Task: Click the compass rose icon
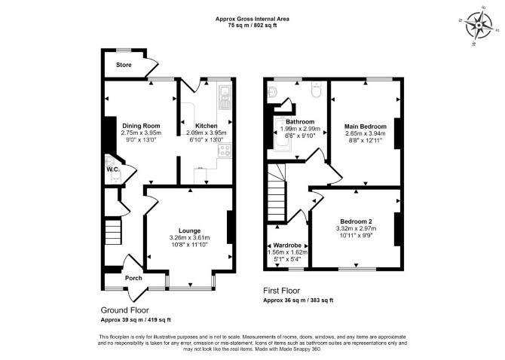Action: [x=479, y=25]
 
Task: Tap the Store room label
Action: [x=124, y=65]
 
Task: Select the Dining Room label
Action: [x=141, y=126]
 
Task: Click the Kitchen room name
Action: [x=207, y=126]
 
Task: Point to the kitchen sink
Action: [x=224, y=96]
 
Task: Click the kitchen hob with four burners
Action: [x=225, y=151]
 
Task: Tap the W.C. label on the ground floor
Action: [x=113, y=169]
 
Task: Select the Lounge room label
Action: [x=190, y=230]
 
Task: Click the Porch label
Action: [x=133, y=278]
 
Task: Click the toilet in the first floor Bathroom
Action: [x=317, y=89]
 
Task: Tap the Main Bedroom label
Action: [x=366, y=127]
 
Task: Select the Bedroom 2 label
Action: [x=357, y=221]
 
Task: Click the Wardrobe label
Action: [x=287, y=246]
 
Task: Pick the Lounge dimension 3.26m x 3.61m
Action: [x=190, y=238]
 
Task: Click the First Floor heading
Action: [x=281, y=291]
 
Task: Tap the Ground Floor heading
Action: [x=125, y=310]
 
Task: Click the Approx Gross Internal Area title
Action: [x=252, y=19]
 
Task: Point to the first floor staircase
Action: [x=277, y=192]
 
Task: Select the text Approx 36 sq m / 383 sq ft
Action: [x=298, y=301]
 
